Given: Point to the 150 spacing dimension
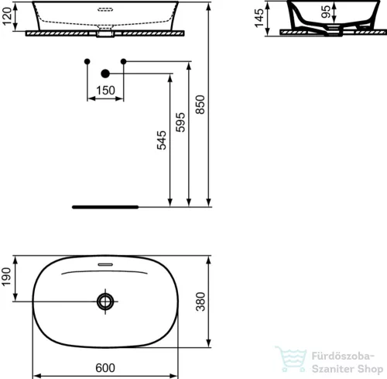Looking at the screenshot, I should click(x=105, y=91).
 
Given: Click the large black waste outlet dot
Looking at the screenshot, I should click(x=105, y=74).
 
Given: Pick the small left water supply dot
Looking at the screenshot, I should click(x=87, y=60).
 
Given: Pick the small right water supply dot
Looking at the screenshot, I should click(x=123, y=60).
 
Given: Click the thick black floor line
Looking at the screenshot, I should click(x=105, y=207).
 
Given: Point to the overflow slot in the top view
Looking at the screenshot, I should click(x=104, y=264).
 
